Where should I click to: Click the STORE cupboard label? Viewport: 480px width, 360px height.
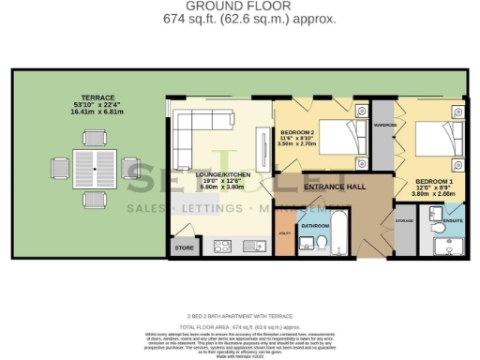[182, 247]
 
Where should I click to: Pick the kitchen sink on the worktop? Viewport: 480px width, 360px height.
[249, 247]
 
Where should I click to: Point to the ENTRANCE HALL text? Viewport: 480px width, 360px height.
[334, 187]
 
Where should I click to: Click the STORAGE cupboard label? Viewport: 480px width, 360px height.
[404, 221]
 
